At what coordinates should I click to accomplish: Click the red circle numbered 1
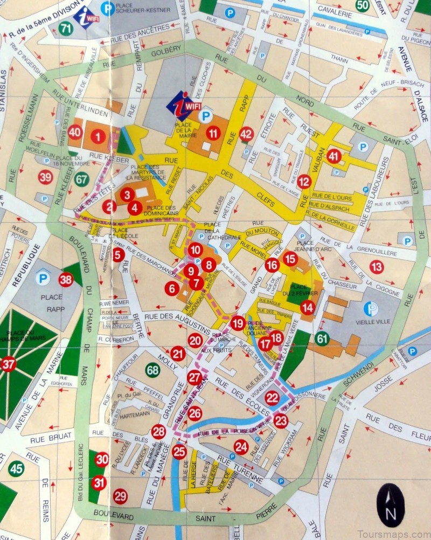pyautogui.click(x=98, y=137)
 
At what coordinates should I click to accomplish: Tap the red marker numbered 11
pyautogui.click(x=214, y=134)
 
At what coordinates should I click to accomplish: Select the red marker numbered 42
pyautogui.click(x=246, y=134)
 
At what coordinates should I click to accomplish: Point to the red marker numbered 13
pyautogui.click(x=376, y=266)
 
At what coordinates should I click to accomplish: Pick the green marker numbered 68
pyautogui.click(x=153, y=370)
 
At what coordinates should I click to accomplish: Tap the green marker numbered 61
pyautogui.click(x=322, y=338)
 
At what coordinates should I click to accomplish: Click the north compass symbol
pyautogui.click(x=391, y=506)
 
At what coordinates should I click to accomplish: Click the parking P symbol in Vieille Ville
pyautogui.click(x=371, y=309)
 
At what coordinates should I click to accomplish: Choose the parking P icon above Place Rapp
pyautogui.click(x=43, y=279)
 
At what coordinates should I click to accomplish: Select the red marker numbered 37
pyautogui.click(x=8, y=365)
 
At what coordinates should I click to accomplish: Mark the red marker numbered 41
pyautogui.click(x=334, y=156)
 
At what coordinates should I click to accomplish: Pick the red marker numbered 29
pyautogui.click(x=120, y=496)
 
